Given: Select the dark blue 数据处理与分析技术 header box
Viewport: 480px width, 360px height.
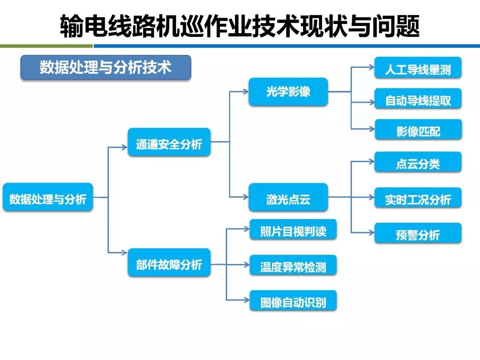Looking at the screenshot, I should tap(106, 68).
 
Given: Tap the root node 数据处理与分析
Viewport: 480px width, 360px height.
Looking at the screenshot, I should tap(48, 197).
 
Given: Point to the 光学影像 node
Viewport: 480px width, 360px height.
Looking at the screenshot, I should tap(288, 92).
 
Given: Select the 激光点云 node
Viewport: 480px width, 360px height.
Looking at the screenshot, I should tap(288, 197).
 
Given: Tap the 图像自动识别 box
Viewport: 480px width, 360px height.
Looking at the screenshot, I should tap(293, 301).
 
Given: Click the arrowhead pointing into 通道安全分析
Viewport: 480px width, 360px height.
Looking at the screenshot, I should tap(124, 147).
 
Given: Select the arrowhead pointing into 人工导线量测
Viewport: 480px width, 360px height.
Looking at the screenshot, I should tap(372, 68).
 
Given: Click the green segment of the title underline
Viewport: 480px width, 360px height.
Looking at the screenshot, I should tap(46, 46).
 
